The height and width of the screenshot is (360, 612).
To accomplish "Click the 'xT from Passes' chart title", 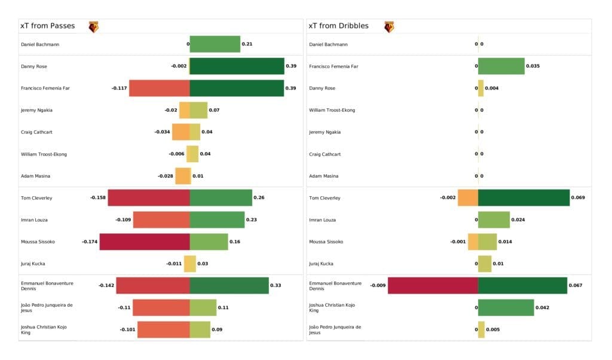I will click(47, 26).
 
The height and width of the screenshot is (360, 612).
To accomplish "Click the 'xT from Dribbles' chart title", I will click(338, 26).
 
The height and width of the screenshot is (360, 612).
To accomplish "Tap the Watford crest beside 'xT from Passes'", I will click(93, 27).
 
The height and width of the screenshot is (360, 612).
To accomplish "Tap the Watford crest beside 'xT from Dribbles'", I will click(389, 27).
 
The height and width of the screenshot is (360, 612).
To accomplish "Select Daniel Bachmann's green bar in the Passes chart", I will click(215, 44).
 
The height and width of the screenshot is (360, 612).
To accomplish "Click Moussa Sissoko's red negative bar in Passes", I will click(145, 242).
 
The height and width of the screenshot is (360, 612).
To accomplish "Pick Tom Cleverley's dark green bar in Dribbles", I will click(524, 198).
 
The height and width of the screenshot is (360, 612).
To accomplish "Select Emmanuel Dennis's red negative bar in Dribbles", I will click(433, 286).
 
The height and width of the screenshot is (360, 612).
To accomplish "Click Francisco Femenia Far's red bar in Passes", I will click(160, 88).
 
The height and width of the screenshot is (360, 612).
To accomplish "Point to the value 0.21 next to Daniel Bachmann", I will click(246, 44).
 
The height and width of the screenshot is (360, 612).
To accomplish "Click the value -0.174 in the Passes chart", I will click(90, 242).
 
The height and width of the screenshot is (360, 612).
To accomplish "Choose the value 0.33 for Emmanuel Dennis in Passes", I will click(276, 286).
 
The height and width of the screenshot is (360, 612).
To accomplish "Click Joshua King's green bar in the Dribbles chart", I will click(506, 307).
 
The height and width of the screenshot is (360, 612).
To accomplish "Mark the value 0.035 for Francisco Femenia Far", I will click(533, 66).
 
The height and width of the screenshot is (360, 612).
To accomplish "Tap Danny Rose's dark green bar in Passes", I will click(237, 66).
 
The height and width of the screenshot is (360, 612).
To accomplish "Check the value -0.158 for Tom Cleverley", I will click(98, 198).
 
